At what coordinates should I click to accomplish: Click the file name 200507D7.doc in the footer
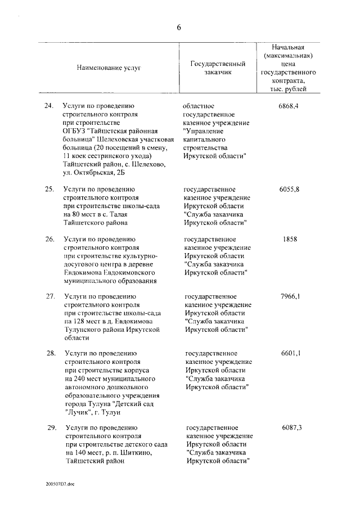click(60, 483)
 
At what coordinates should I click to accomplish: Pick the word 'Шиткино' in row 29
click(135, 453)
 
